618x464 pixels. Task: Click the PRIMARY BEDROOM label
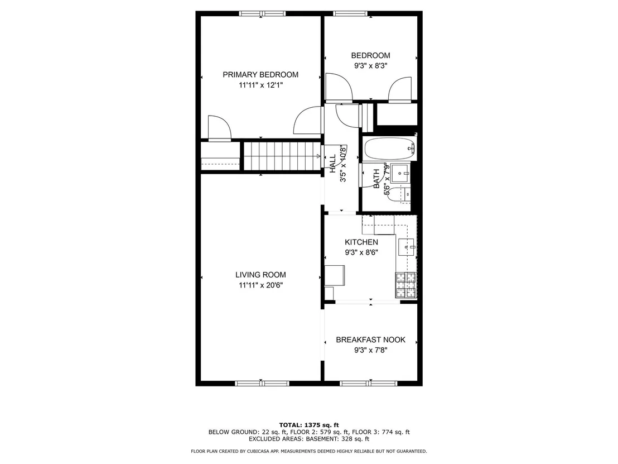[260, 75]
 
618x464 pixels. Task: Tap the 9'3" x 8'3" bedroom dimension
[370, 66]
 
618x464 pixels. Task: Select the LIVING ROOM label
[260, 275]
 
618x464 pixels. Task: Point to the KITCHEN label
[361, 242]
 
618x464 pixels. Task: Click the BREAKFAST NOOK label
[370, 339]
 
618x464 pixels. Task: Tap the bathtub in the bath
[389, 149]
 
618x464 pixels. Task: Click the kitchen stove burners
[406, 285]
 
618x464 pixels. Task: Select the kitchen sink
[407, 247]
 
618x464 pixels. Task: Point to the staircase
[282, 156]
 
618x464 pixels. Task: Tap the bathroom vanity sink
[401, 173]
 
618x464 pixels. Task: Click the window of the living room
[262, 384]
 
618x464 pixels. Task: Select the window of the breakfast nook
[369, 384]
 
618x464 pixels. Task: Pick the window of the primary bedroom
[262, 14]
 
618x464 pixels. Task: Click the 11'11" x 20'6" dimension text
[260, 285]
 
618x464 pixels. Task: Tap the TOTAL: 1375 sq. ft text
[309, 425]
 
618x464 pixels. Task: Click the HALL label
[332, 164]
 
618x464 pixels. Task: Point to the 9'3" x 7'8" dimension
[370, 350]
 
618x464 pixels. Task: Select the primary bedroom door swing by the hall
[307, 121]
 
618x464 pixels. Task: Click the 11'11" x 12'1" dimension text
[260, 85]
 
